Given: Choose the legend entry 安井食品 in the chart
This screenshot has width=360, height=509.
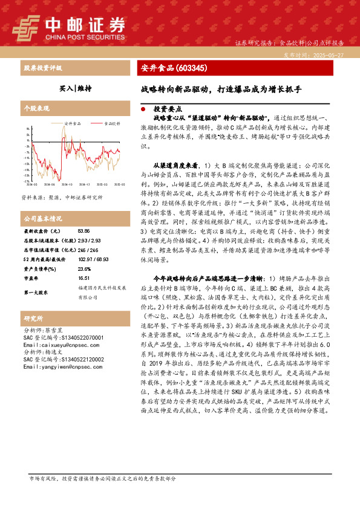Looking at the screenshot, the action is [x=72, y=123].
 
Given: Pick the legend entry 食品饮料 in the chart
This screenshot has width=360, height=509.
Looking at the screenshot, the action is [x=111, y=123].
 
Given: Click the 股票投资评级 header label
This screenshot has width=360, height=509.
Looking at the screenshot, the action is [x=42, y=68].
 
